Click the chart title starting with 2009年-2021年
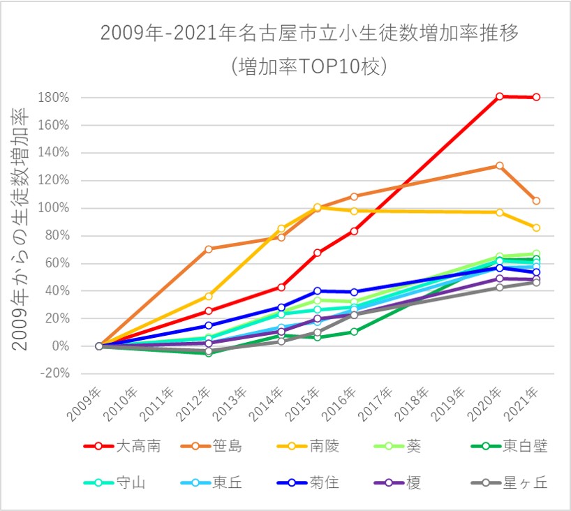tap(309, 34)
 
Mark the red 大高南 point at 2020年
tap(500, 96)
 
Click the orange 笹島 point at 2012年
tap(208, 249)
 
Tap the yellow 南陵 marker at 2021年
tap(536, 228)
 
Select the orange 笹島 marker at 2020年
tap(500, 165)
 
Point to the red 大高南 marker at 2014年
tap(281, 287)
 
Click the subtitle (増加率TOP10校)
tap(309, 66)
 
